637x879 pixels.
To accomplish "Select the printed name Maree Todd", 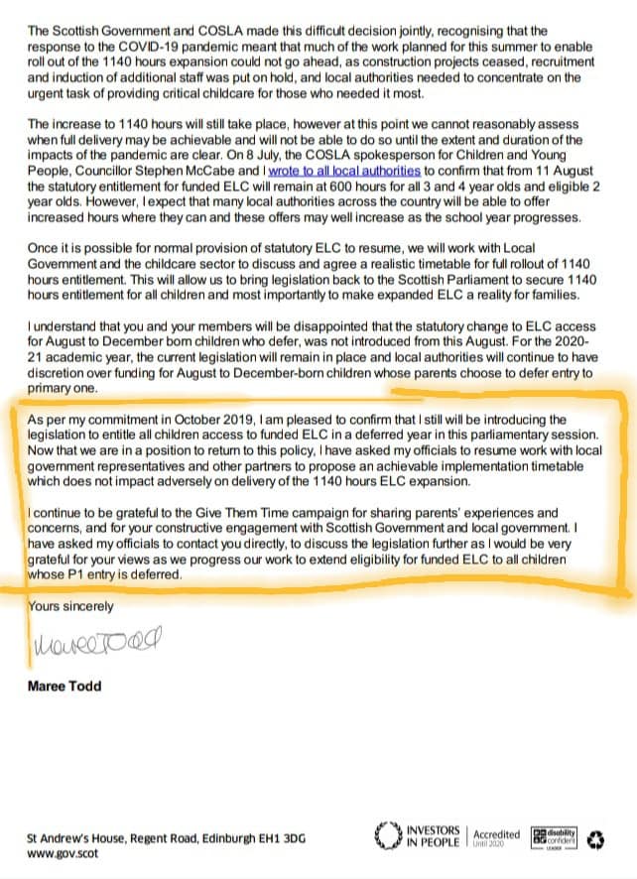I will click(64, 687).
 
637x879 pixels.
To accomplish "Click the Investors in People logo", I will click(418, 835).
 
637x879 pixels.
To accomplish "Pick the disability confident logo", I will click(554, 835).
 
